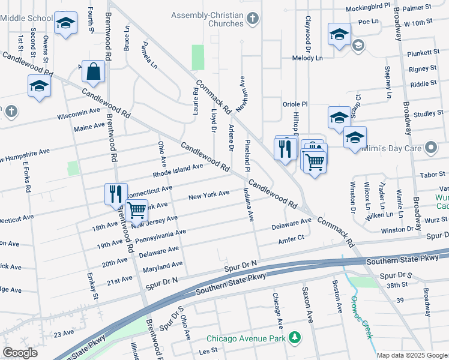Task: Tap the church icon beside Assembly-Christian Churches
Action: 253,19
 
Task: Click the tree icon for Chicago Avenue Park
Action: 294,338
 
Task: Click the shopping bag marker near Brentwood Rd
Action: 94,72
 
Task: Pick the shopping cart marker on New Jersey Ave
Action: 137,211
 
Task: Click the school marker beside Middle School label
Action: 65,24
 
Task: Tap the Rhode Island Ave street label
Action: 178,171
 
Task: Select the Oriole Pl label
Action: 295,104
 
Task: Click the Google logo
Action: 20,352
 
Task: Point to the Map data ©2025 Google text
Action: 412,355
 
